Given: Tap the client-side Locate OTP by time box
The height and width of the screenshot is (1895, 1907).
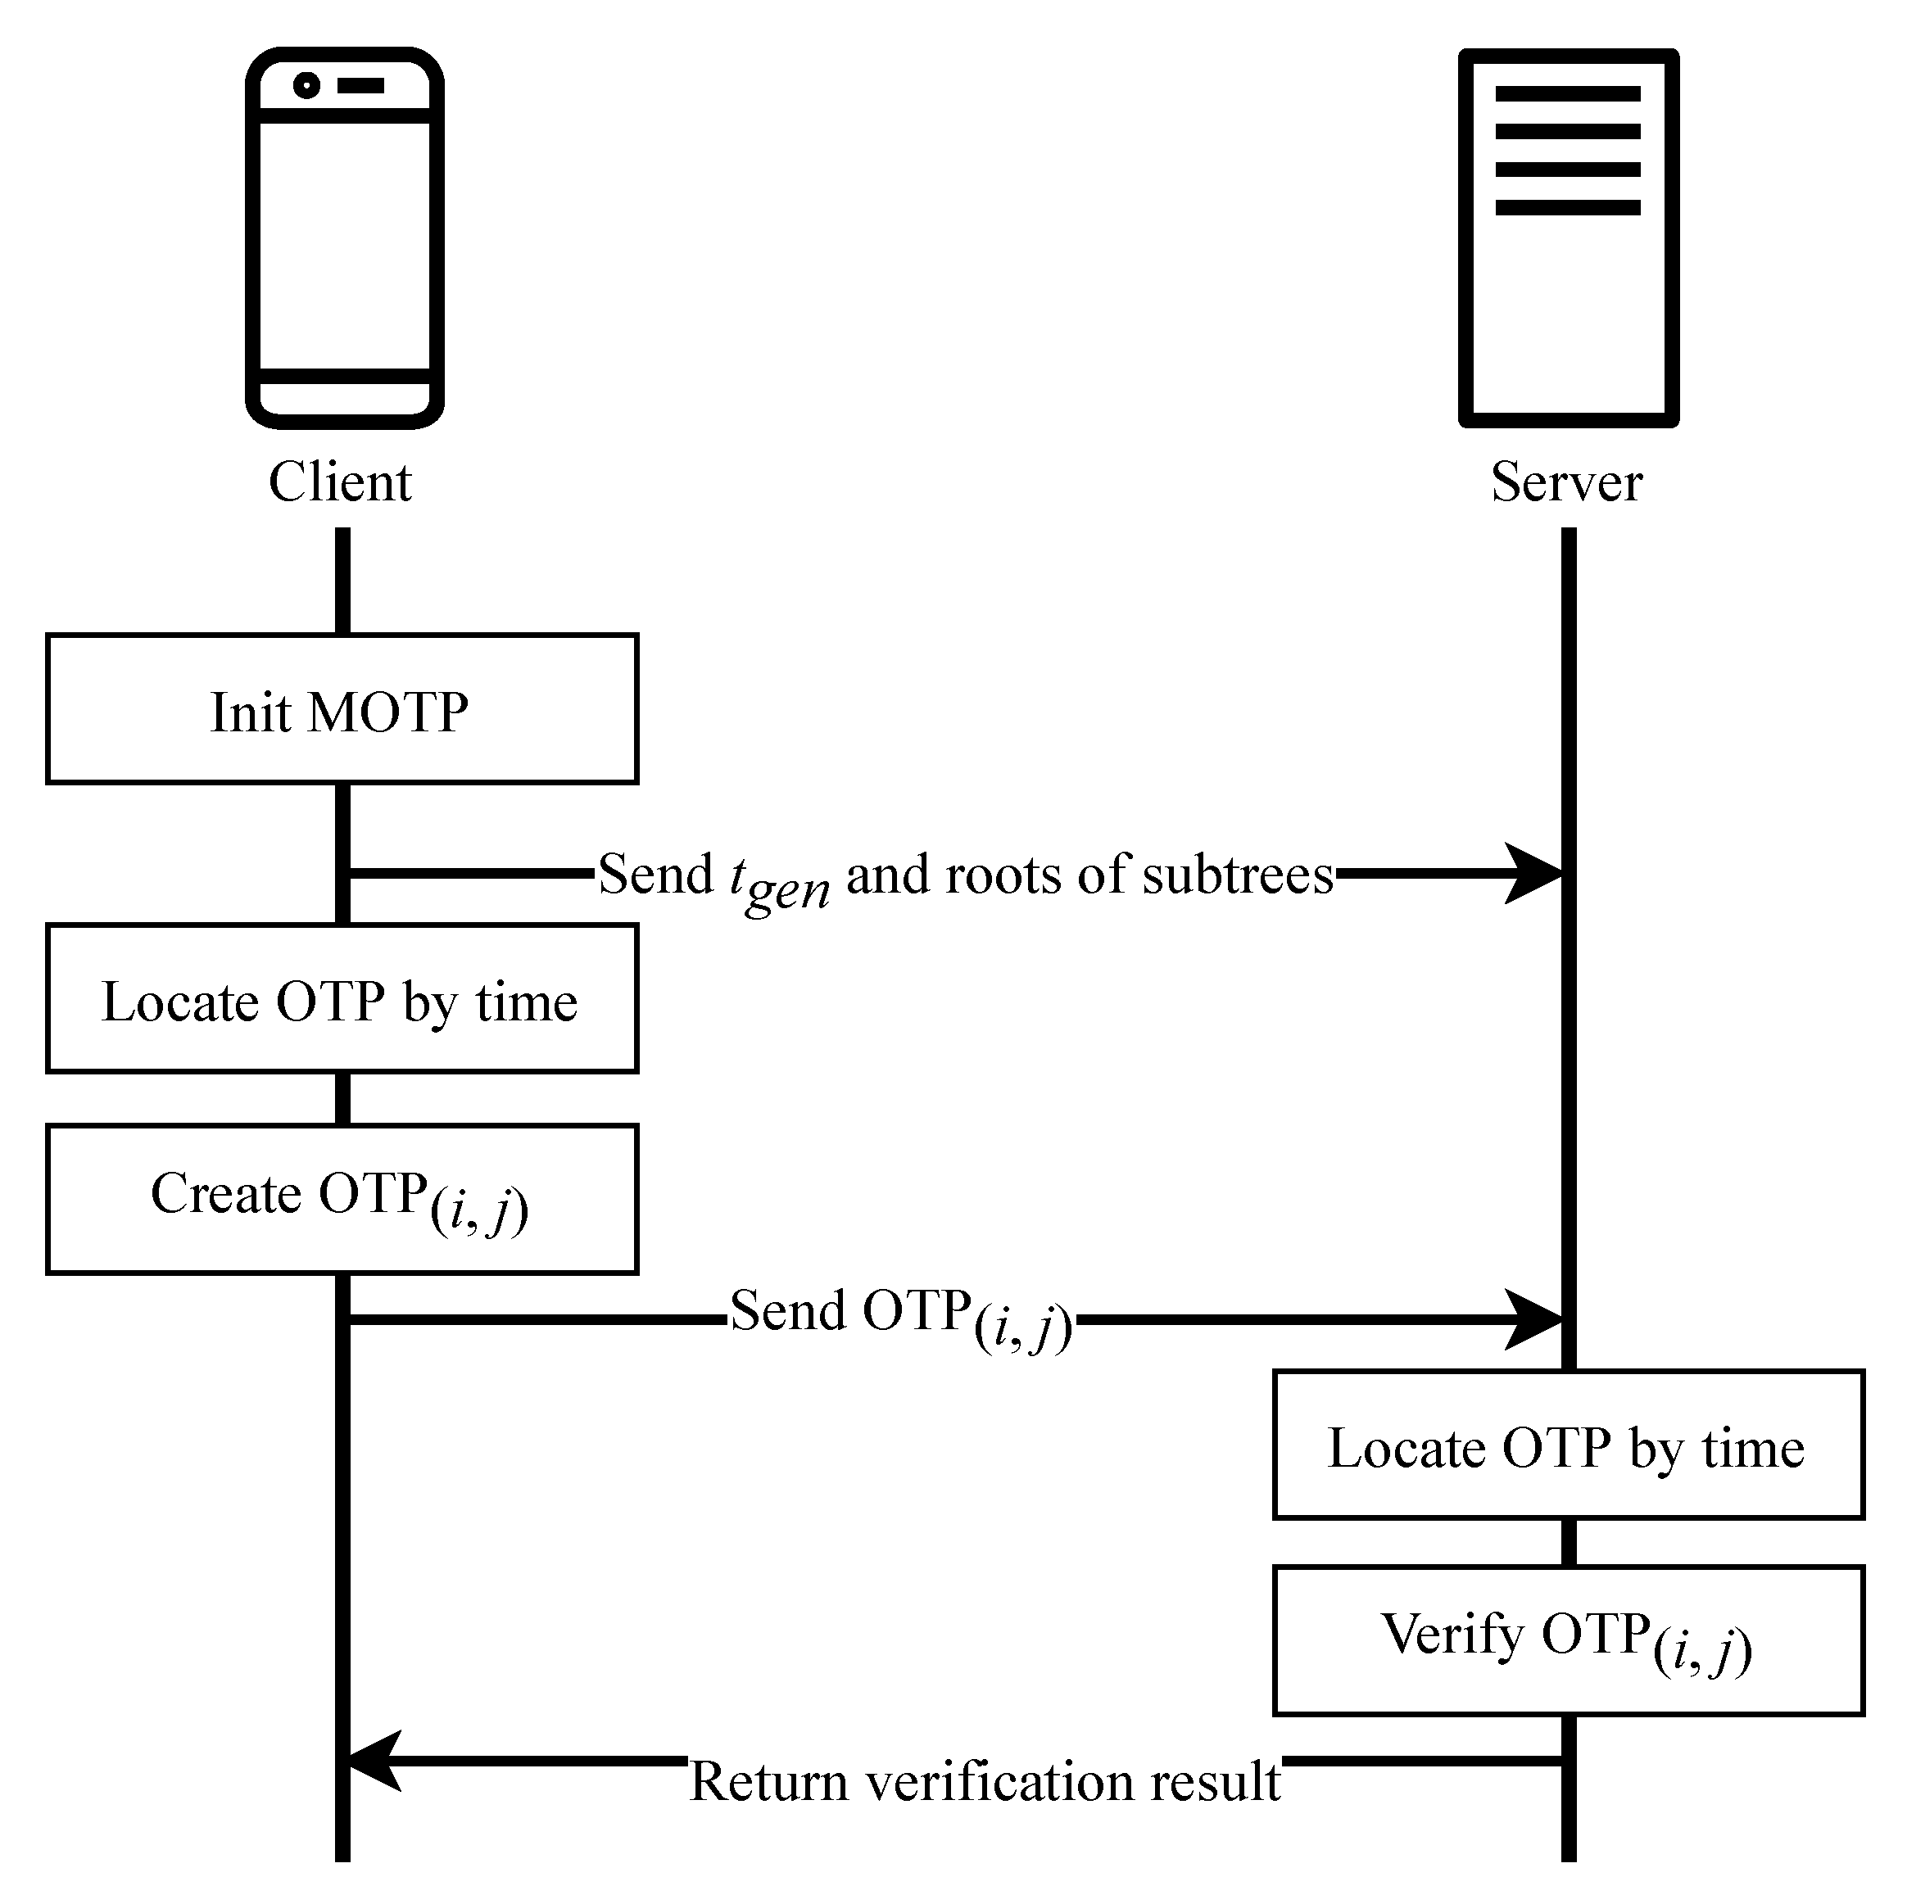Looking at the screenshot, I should click(342, 999).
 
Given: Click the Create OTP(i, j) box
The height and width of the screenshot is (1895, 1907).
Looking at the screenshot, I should click(342, 1198).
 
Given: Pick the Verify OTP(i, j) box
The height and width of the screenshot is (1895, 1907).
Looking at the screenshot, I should click(1567, 1639).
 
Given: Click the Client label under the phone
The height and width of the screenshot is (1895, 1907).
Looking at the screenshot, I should click(340, 482).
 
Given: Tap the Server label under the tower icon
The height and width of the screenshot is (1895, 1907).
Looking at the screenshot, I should click(1566, 482).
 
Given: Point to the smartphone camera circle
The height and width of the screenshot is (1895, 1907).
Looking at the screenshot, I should click(307, 86).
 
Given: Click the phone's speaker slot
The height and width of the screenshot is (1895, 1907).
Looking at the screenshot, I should click(360, 86).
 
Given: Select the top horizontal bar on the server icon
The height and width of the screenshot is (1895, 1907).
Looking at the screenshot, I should click(1567, 93).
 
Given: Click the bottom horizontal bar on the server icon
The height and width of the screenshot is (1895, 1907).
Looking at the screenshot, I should click(1567, 207).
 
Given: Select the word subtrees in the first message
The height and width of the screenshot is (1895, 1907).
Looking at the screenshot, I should click(1238, 875).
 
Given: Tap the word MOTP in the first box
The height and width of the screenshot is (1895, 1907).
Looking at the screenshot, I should click(388, 712).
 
